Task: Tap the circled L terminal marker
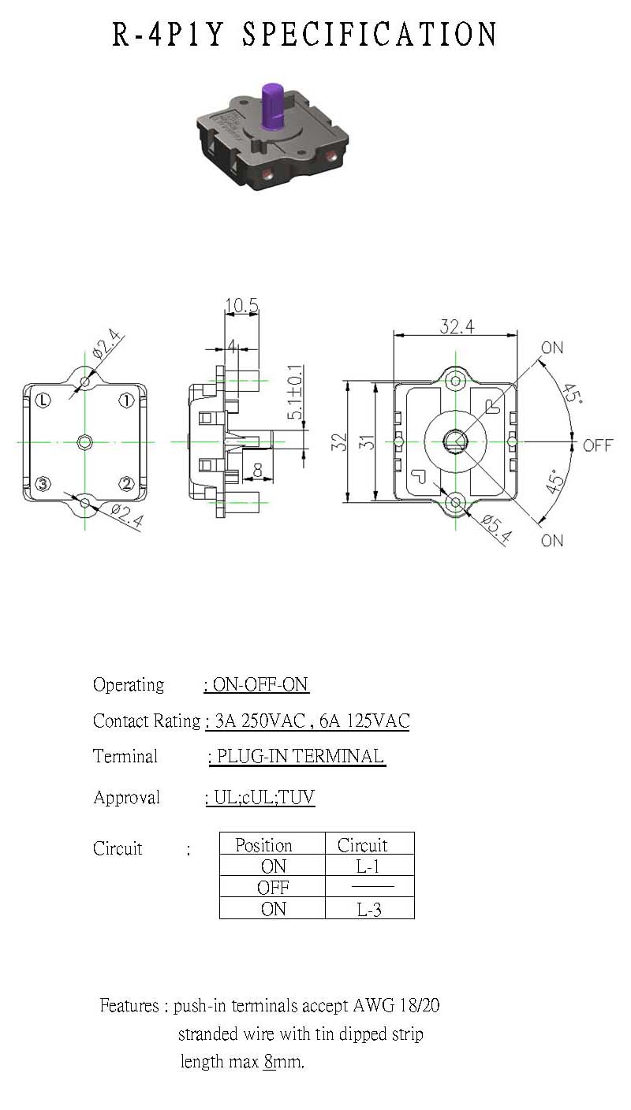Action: [x=43, y=400]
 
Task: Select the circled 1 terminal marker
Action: [x=127, y=400]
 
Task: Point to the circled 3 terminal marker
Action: [x=43, y=483]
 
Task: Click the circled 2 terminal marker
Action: [x=127, y=483]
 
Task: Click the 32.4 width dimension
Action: [x=457, y=326]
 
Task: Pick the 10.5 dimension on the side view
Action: [x=242, y=305]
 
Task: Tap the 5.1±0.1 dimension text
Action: [x=295, y=392]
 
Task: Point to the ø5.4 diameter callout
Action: [x=497, y=529]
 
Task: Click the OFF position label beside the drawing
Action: [x=598, y=445]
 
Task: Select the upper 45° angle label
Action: [x=572, y=393]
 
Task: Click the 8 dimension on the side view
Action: [x=257, y=470]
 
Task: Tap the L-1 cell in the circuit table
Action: [x=368, y=866]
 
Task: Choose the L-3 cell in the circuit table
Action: [x=369, y=909]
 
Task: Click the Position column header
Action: [x=263, y=844]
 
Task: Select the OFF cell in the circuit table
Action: [x=273, y=888]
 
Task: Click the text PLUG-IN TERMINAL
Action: [x=301, y=756]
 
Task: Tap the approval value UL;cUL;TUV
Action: [x=264, y=797]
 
